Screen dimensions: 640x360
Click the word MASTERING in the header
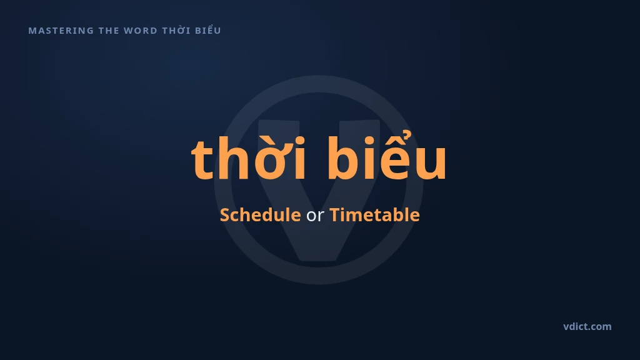(x=61, y=31)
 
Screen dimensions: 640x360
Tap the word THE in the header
(x=108, y=31)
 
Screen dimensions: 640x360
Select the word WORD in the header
(x=140, y=31)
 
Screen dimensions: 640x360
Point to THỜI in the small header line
(x=176, y=30)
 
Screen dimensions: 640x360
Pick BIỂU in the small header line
(x=207, y=30)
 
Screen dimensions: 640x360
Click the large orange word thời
(x=248, y=158)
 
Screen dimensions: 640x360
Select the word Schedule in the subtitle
(x=261, y=215)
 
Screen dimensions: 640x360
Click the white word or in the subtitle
(x=315, y=216)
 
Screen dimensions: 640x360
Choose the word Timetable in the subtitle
(x=374, y=215)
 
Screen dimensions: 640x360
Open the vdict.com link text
(x=587, y=326)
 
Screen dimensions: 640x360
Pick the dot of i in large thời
(x=299, y=141)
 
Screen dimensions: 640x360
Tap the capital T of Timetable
(x=336, y=215)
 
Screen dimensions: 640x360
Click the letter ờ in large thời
(x=271, y=160)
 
